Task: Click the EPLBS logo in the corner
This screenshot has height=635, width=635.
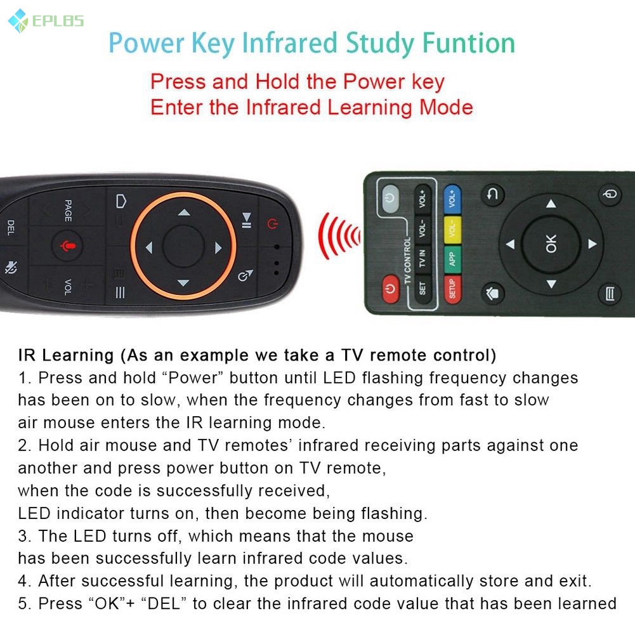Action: pyautogui.click(x=46, y=21)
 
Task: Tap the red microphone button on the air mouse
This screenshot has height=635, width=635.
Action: pyautogui.click(x=67, y=245)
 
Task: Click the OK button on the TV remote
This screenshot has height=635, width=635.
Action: pyautogui.click(x=550, y=244)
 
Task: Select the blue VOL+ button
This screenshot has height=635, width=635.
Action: pyautogui.click(x=452, y=199)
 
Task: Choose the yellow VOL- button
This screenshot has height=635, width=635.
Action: pyautogui.click(x=452, y=229)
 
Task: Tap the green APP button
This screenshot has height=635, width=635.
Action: pyautogui.click(x=452, y=258)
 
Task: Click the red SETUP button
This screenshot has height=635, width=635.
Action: pyautogui.click(x=452, y=289)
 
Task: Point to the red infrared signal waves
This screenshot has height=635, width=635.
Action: pyautogui.click(x=338, y=236)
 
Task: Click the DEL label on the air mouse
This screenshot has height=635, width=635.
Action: pyautogui.click(x=11, y=228)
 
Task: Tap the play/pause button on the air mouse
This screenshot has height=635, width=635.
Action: pyautogui.click(x=246, y=219)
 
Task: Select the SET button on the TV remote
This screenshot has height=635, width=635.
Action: pyautogui.click(x=422, y=289)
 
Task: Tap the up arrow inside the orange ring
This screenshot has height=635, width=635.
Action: pyautogui.click(x=183, y=213)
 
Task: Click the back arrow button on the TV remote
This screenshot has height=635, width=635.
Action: pyautogui.click(x=492, y=196)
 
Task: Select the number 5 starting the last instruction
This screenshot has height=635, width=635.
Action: pyautogui.click(x=23, y=603)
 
